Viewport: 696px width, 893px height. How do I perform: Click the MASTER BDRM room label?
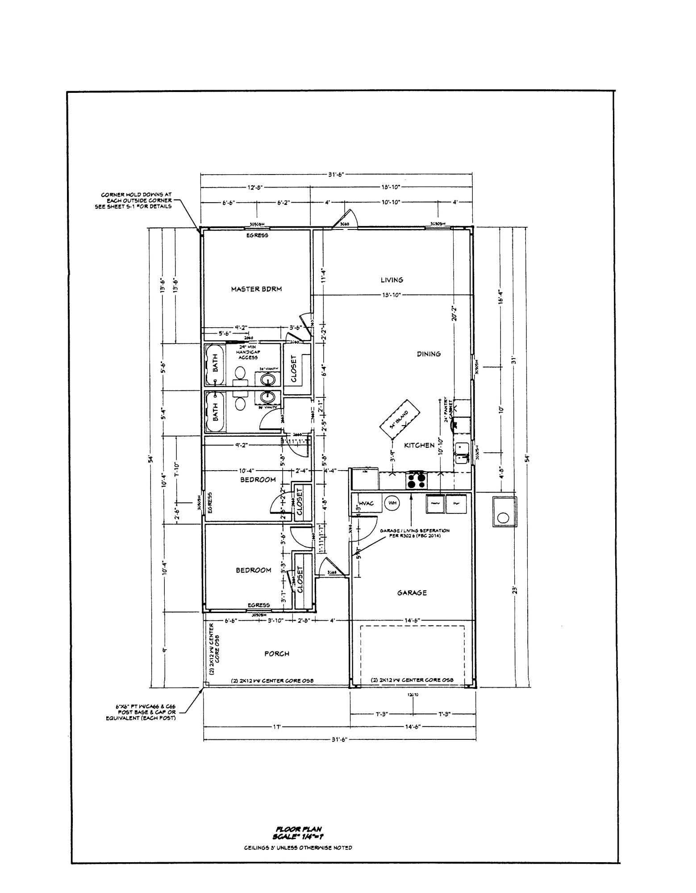(x=256, y=289)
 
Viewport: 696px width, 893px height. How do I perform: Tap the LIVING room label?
(x=392, y=280)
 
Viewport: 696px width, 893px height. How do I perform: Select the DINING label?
(x=429, y=354)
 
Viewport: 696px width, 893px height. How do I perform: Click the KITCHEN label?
(x=419, y=445)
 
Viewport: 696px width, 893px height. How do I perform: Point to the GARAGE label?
(x=412, y=593)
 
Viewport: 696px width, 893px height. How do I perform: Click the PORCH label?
(x=276, y=653)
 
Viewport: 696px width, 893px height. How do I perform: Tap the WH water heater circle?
(x=392, y=503)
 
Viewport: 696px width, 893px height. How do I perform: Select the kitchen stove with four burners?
(x=417, y=480)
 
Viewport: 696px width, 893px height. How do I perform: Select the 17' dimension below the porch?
(x=276, y=727)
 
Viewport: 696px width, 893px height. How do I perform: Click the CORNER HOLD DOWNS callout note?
(x=136, y=200)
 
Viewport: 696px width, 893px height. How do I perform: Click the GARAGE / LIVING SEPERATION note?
(x=415, y=533)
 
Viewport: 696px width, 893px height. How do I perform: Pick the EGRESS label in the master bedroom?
(x=257, y=235)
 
